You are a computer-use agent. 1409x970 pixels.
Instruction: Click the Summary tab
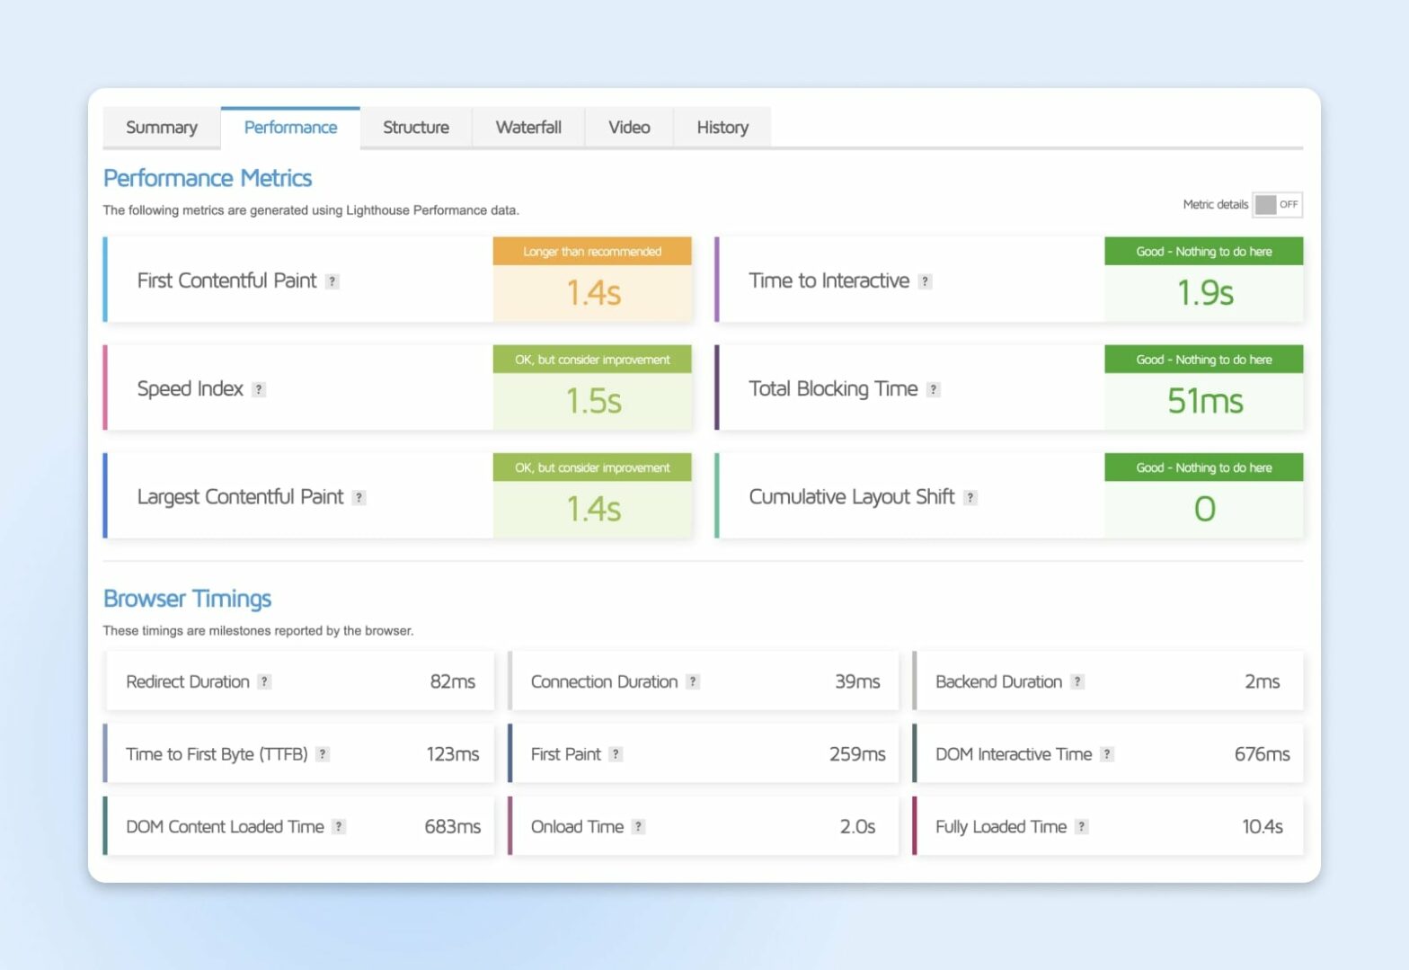pos(162,128)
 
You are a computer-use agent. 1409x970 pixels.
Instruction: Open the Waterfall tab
pos(528,128)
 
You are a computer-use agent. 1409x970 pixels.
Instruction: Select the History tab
pos(722,128)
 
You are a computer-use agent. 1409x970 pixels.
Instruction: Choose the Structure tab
pos(416,128)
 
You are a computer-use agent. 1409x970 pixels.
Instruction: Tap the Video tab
pos(629,128)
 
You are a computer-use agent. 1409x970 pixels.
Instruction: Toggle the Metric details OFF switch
pos(1277,205)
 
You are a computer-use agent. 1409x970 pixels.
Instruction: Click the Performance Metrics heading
pos(208,178)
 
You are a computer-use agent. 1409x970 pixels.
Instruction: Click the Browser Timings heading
pos(187,599)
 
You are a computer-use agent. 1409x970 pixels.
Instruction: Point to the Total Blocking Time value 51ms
pos(1205,401)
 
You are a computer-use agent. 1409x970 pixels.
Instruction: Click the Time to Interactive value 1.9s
pos(1205,293)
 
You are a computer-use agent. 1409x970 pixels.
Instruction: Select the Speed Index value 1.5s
pos(593,401)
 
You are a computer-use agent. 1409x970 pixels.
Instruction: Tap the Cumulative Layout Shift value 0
pos(1204,510)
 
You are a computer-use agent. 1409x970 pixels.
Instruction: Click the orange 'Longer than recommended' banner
pos(592,252)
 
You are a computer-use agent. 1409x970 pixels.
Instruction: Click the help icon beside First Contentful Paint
pos(332,281)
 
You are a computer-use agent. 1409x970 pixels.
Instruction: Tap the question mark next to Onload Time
pos(638,827)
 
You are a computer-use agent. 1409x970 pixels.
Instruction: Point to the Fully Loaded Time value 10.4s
pos(1262,827)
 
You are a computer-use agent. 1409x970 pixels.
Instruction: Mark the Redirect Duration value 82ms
pos(452,681)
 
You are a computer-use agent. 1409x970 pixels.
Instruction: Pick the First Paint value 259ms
pos(857,754)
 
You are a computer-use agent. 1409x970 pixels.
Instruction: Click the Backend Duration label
pos(998,681)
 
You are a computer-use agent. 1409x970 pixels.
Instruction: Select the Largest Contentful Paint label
pos(240,497)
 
